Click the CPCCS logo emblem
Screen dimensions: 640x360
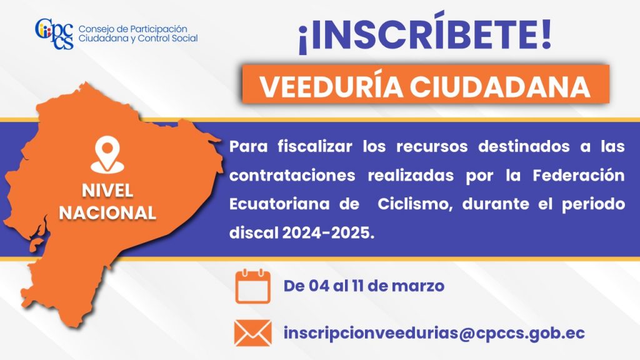pos(54,34)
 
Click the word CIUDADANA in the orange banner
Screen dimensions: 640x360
pos(500,86)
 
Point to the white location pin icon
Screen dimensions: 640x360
pos(107,154)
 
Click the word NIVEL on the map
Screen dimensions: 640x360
pos(107,191)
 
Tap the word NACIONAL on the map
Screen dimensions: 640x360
pos(107,212)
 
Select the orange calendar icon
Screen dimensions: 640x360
pos(252,286)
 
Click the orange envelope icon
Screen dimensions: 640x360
pos(252,333)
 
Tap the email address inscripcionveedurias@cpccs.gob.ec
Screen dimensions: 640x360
pos(434,333)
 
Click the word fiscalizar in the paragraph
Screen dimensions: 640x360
pos(315,146)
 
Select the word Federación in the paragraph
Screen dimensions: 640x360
pos(578,175)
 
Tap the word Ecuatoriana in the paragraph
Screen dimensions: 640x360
pos(279,204)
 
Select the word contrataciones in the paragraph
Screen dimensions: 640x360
pos(292,176)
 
